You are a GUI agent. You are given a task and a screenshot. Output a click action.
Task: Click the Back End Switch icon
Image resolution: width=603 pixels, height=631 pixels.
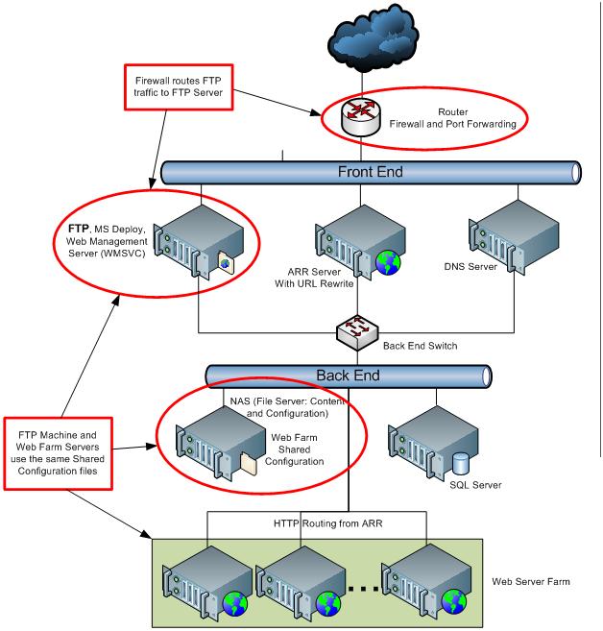coord(356,331)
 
